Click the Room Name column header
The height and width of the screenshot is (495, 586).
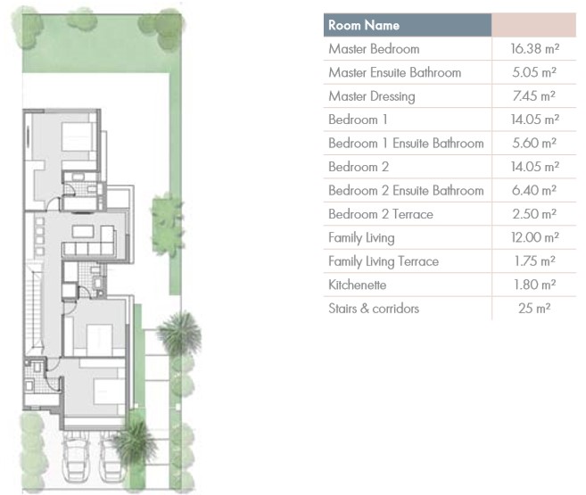[364, 25]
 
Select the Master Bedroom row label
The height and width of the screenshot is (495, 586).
[374, 49]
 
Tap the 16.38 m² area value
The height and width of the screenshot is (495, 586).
[535, 48]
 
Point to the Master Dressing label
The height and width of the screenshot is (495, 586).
[372, 96]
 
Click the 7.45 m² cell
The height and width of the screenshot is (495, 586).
[534, 96]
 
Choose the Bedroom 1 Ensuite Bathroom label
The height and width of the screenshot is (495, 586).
[406, 144]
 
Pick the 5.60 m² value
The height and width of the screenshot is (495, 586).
[534, 143]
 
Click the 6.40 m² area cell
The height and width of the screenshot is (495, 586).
[534, 190]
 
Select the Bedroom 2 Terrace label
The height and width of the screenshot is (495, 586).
[381, 214]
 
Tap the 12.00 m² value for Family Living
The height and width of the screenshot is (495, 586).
[535, 237]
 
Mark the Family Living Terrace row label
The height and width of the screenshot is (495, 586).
[384, 261]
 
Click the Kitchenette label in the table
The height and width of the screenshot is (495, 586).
[358, 285]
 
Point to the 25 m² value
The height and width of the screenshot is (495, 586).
[534, 309]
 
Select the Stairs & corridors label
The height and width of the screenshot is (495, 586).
[374, 309]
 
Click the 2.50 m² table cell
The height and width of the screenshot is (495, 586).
[534, 214]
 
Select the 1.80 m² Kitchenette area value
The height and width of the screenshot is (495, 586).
[534, 285]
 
